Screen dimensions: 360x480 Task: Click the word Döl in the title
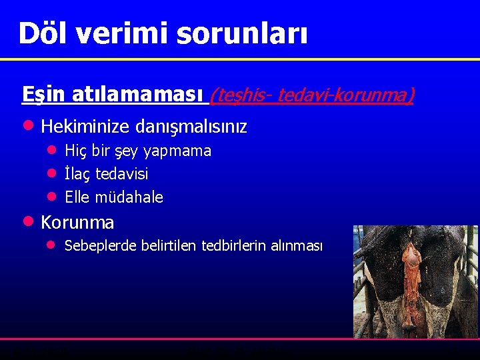(44, 33)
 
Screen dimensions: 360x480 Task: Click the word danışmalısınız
(191, 127)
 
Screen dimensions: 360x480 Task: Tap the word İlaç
(78, 174)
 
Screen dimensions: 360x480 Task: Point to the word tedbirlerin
(233, 246)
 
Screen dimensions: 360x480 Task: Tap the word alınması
(297, 246)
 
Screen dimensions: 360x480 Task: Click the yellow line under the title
(240, 59)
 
